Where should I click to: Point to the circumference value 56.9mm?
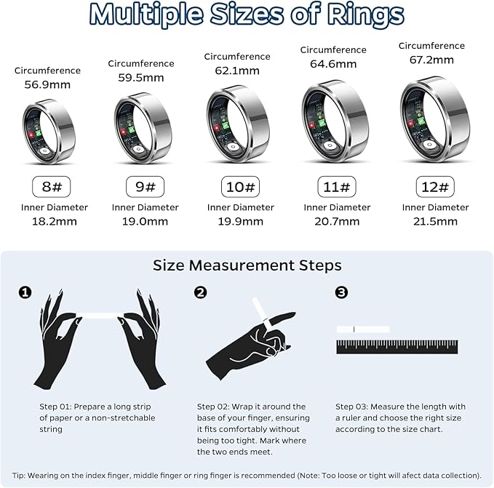pos(47,84)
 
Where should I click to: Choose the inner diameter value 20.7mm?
pos(337,222)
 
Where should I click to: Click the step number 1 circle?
pos(25,292)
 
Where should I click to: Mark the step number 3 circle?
pos(341,292)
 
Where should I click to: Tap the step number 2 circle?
pos(201,292)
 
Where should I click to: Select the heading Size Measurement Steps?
pos(247,265)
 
